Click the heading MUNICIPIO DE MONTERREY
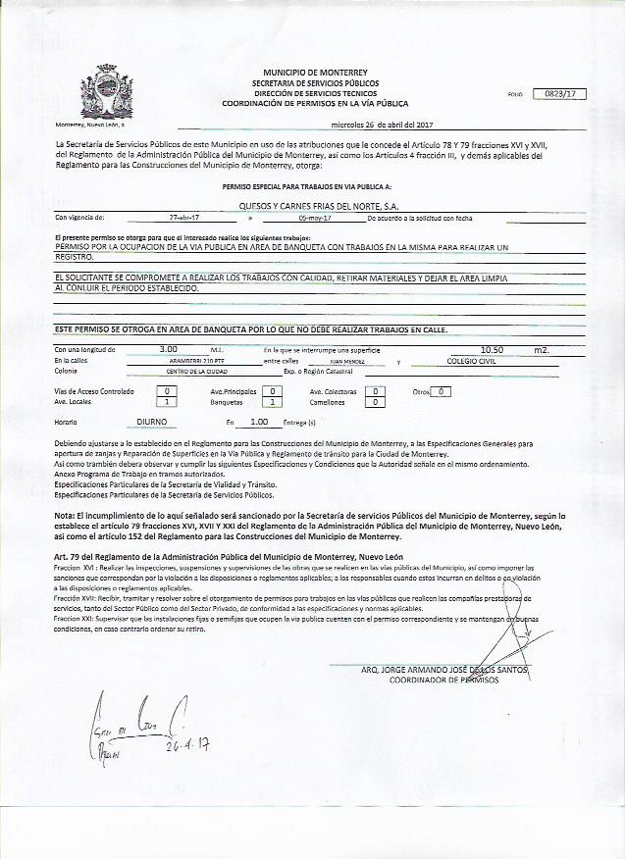click(x=315, y=73)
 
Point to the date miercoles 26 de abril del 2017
click(x=382, y=125)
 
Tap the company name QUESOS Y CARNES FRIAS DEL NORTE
click(x=318, y=206)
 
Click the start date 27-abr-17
click(x=183, y=217)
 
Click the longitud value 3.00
click(x=168, y=348)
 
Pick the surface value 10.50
click(x=492, y=348)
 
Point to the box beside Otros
click(x=443, y=391)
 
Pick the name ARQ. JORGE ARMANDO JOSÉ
click(x=432, y=670)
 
